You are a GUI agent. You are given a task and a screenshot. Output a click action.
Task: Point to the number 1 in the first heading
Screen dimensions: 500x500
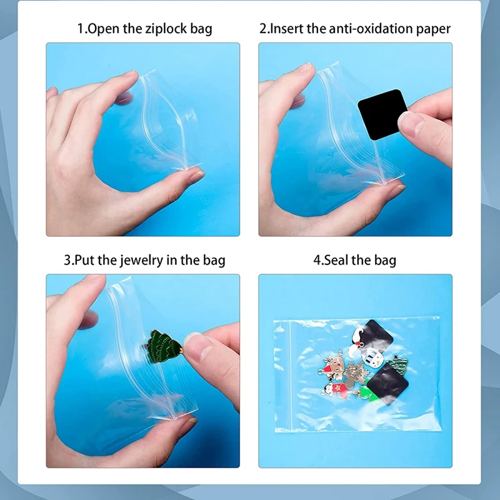coord(80,29)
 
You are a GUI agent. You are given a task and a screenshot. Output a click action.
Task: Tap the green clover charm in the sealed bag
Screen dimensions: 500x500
coord(366,394)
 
